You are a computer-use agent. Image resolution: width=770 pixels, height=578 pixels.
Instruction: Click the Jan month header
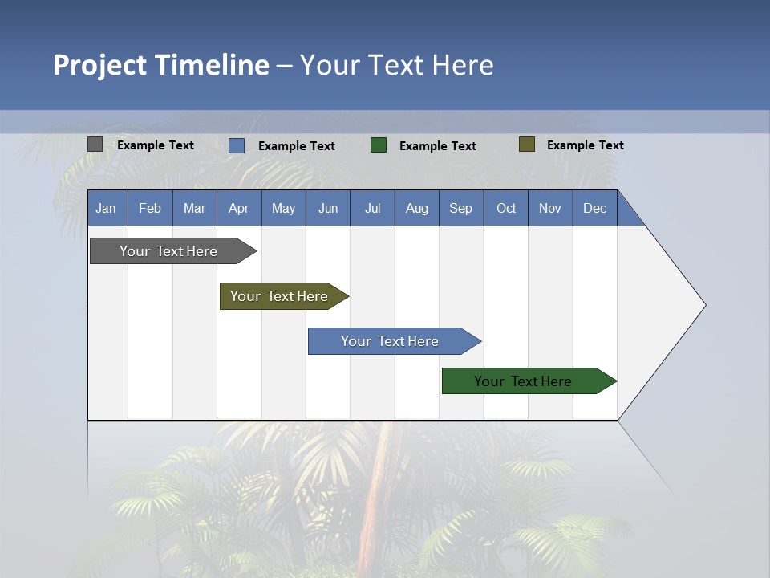coord(107,208)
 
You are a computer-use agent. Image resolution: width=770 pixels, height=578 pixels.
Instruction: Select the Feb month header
coord(150,208)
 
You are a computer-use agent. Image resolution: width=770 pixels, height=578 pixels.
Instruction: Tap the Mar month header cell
coord(194,208)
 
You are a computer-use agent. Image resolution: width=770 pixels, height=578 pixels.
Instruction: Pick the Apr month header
coord(239,208)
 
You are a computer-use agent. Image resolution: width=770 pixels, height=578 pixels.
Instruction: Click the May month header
coord(283,208)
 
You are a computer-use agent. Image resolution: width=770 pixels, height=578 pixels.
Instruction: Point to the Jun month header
coord(328,208)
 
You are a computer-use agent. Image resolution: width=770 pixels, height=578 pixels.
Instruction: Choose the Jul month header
coord(372,208)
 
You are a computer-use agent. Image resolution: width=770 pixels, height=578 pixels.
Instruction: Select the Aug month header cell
coord(417,208)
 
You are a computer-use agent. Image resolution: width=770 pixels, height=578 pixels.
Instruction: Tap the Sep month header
coord(461,208)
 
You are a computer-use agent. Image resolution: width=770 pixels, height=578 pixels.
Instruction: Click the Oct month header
coord(506,208)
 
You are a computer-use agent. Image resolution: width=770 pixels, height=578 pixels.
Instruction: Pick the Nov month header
coord(550,208)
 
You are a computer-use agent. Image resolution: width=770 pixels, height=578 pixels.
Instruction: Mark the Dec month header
coord(595,208)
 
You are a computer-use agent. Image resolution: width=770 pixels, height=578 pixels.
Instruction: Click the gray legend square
coord(95,144)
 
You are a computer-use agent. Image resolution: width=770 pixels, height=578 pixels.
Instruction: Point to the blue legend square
coord(237,145)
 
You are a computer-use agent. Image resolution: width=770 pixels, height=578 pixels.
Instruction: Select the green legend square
coord(379,145)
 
